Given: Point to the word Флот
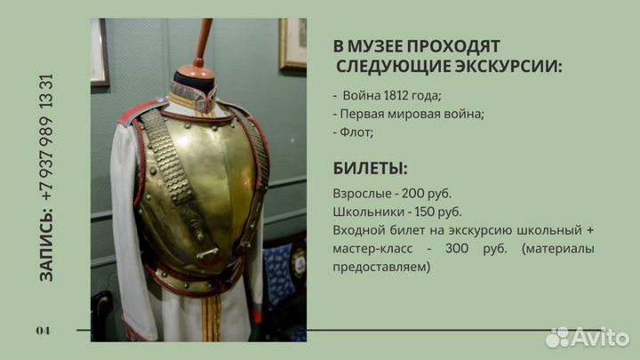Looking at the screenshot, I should coord(356,132).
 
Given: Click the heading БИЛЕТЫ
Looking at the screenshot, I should coord(371,168).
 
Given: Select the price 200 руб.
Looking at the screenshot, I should coord(424,194).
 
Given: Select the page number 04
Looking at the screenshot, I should coord(44,331).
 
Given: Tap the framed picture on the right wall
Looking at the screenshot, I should coord(292,43).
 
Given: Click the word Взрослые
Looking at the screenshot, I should coord(363,194).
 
